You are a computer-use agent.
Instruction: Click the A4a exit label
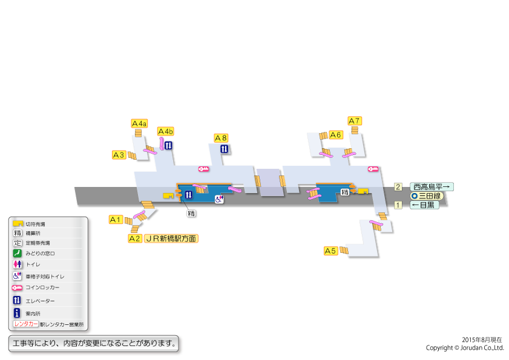[x=139, y=123]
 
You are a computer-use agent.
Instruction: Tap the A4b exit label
[x=166, y=131]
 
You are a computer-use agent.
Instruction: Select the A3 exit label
[x=119, y=155]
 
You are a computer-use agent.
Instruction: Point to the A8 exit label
[x=222, y=138]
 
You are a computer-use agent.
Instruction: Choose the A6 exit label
[x=336, y=134]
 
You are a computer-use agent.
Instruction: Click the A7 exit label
[x=355, y=120]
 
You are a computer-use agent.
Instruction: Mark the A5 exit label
[x=330, y=250]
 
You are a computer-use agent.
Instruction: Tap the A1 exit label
[x=116, y=219]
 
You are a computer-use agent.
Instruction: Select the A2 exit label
[x=135, y=238]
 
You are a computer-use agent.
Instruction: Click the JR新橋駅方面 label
[x=171, y=238]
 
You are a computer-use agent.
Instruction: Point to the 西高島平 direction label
[x=432, y=187]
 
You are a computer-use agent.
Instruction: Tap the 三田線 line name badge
[x=427, y=196]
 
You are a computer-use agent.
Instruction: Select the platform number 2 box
[x=398, y=187]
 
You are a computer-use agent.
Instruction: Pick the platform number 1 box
[x=398, y=205]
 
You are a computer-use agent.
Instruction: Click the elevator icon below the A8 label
[x=224, y=149]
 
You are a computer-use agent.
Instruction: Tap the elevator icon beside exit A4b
[x=169, y=145]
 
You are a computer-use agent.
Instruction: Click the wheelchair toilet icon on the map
[x=219, y=198]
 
